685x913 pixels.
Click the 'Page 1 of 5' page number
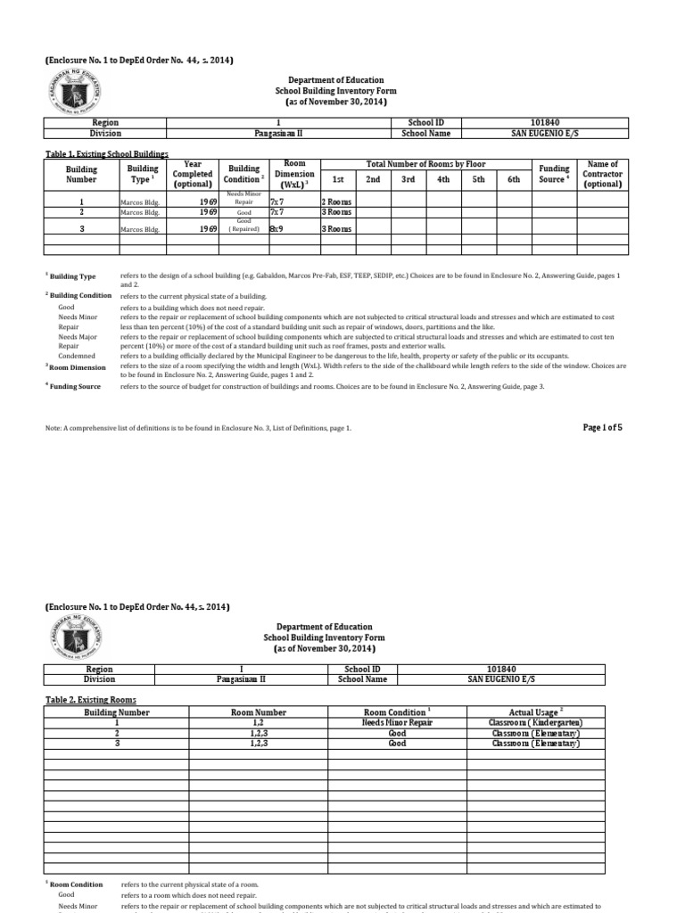(x=602, y=427)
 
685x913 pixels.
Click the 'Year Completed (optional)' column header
(x=193, y=174)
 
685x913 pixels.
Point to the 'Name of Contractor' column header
(x=602, y=174)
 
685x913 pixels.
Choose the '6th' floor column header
(x=513, y=179)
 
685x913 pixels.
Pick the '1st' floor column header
(x=338, y=179)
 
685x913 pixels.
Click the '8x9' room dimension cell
(x=276, y=228)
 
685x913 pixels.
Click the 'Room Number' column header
(x=259, y=712)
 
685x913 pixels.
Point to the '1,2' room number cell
(x=259, y=722)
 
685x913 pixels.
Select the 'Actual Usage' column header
(x=533, y=712)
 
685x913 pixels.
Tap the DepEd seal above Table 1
(x=74, y=92)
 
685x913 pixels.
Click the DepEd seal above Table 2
(x=74, y=638)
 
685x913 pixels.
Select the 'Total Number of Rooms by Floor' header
(x=425, y=165)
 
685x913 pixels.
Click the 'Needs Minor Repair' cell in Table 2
(x=397, y=722)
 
